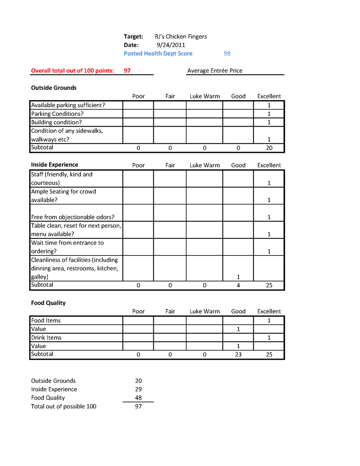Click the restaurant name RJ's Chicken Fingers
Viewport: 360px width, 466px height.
point(181,36)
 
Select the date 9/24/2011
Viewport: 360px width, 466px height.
point(171,45)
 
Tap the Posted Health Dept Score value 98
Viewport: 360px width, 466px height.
point(227,53)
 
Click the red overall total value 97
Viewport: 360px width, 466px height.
point(127,70)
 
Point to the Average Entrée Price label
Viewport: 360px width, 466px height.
point(215,70)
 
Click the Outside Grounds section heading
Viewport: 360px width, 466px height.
point(54,88)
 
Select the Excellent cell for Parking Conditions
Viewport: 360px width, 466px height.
point(269,114)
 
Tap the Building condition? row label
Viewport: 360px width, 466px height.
point(56,122)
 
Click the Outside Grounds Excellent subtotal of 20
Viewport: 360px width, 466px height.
point(269,148)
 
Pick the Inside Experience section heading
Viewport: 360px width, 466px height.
point(54,165)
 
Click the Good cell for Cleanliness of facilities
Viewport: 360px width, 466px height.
point(238,277)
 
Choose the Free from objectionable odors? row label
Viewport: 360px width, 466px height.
point(73,217)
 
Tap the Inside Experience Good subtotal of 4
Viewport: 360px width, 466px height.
point(238,285)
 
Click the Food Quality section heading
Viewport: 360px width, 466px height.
point(48,303)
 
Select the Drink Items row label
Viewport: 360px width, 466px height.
point(46,338)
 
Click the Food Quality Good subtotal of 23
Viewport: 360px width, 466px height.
point(238,354)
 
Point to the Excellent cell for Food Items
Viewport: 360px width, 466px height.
point(269,320)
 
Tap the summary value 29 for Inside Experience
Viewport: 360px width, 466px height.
point(138,389)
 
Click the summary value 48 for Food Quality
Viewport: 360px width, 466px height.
point(138,398)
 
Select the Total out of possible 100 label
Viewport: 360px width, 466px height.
point(63,406)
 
